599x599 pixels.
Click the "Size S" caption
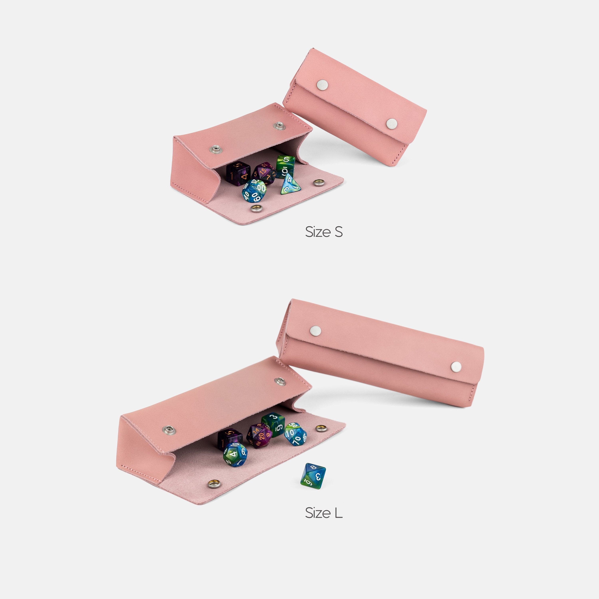pos(324,232)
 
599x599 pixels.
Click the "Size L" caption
pos(324,513)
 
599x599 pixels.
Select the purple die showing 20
pos(260,436)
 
